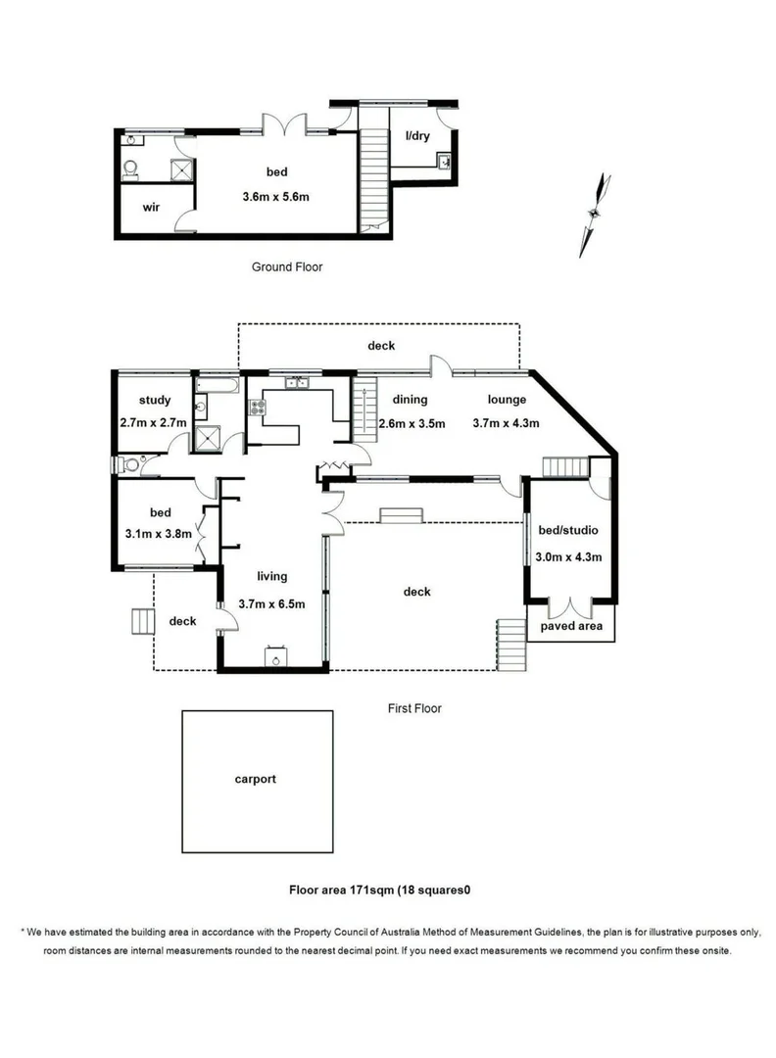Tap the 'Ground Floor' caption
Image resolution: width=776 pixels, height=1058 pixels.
click(287, 266)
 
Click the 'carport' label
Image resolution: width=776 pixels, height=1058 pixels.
click(255, 780)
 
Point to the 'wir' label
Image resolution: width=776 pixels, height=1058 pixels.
click(152, 208)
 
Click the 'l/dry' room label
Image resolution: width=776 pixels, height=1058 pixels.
click(418, 136)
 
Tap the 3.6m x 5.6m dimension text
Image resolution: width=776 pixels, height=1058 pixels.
click(276, 197)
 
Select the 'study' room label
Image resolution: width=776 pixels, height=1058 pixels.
click(155, 400)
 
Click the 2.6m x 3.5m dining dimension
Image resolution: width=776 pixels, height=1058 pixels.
click(412, 424)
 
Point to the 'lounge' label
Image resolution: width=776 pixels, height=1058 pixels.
click(507, 400)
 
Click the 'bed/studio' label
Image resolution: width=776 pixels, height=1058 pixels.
click(568, 531)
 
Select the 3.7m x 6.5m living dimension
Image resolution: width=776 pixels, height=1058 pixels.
click(271, 604)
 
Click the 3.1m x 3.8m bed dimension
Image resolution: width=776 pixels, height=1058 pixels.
click(161, 535)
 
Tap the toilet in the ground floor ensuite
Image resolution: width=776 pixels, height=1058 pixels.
click(131, 169)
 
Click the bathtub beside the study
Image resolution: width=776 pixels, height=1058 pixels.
click(218, 387)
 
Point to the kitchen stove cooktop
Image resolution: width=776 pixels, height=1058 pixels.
click(260, 406)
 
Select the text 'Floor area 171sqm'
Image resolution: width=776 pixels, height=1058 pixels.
click(339, 890)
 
